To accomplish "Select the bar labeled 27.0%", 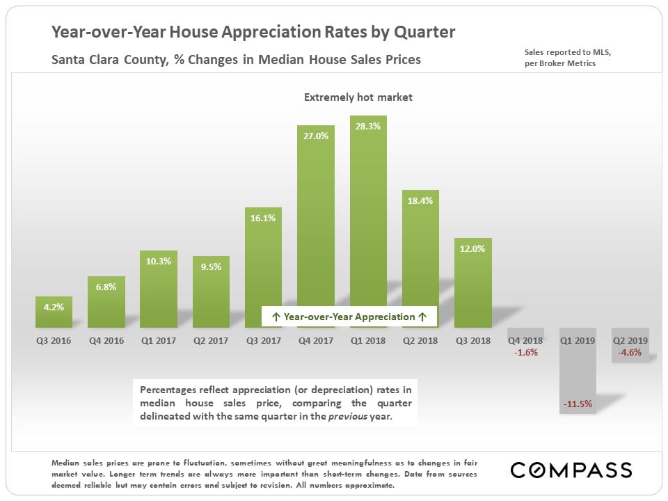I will click(x=316, y=230).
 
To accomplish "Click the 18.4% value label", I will click(x=421, y=201).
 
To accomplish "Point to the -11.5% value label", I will click(x=578, y=404).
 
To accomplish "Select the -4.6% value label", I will click(x=630, y=353).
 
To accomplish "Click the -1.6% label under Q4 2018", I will click(x=525, y=353).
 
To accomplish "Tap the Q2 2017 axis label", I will click(x=211, y=341).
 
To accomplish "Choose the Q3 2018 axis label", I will click(x=473, y=341).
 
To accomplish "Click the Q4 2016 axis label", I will click(x=106, y=341).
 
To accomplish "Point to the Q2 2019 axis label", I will click(x=630, y=341).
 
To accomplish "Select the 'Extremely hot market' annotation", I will click(x=358, y=97).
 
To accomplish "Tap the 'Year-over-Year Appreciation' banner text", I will click(x=349, y=317).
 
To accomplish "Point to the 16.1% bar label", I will click(x=263, y=218).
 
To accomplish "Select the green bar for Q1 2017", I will click(x=158, y=292).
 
